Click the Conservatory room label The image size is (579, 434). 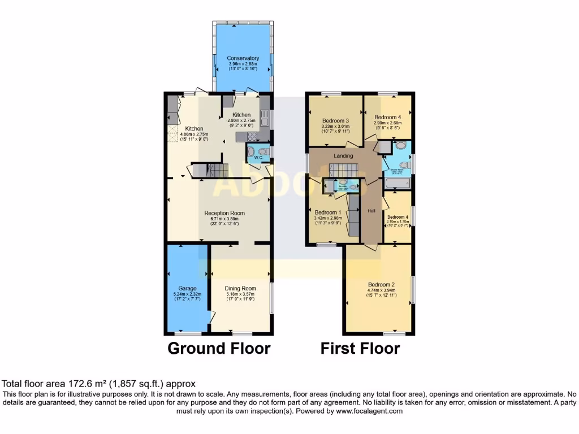click(x=243, y=58)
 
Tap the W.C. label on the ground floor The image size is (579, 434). click(x=258, y=158)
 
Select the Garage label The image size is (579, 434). click(x=187, y=288)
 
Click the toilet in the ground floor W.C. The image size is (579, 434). click(x=252, y=151)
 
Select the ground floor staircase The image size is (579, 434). click(x=210, y=170)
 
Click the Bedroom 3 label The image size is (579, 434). click(x=335, y=120)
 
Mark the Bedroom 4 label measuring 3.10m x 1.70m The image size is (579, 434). click(x=397, y=216)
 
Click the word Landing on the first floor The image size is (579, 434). click(x=343, y=156)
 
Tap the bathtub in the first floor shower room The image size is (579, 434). click(x=397, y=183)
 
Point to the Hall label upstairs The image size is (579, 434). click(x=372, y=211)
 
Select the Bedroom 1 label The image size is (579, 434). click(x=328, y=212)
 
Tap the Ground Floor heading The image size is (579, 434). click(x=219, y=348)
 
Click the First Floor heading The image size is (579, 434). click(x=360, y=348)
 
